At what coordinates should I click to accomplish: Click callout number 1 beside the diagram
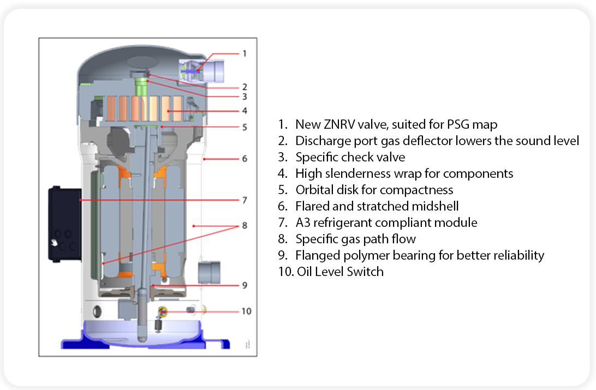point(245,53)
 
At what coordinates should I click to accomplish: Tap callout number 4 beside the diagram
point(245,111)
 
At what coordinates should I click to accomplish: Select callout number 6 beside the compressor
point(245,159)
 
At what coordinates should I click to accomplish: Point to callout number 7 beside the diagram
point(245,200)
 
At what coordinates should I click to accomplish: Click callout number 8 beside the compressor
point(245,225)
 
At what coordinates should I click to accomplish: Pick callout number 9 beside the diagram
point(245,285)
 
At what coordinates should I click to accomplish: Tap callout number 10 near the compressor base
point(246,311)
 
